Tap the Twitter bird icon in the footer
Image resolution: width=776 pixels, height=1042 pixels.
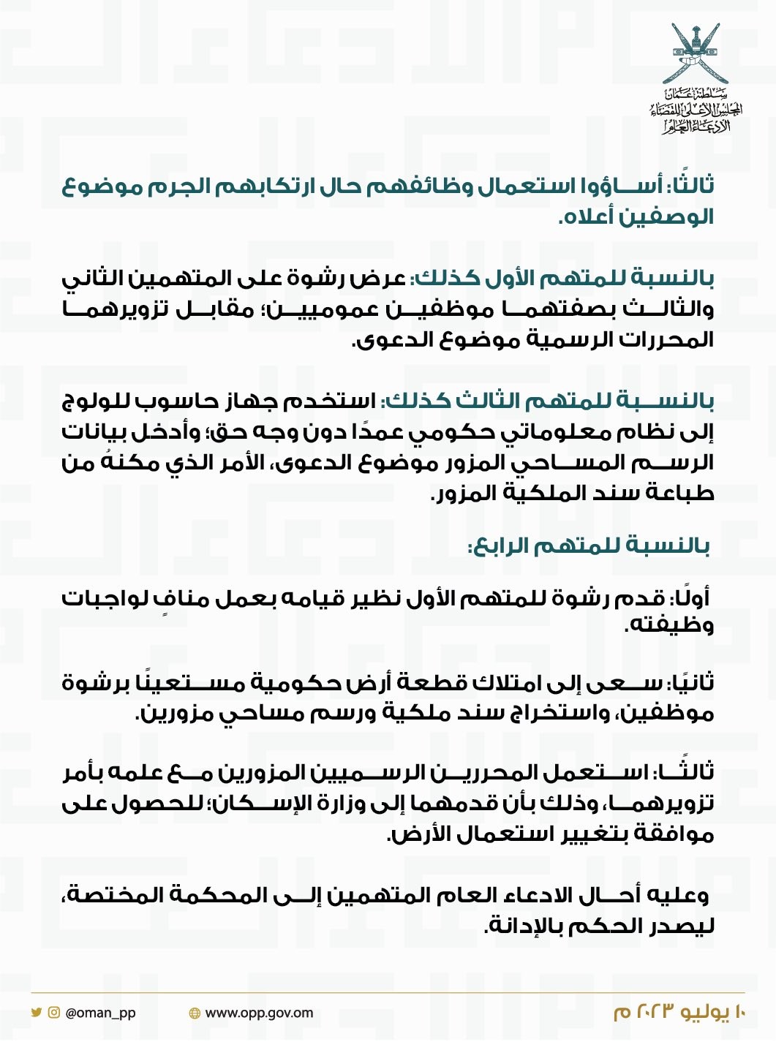pyautogui.click(x=36, y=1013)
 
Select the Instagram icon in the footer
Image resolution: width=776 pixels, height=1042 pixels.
pyautogui.click(x=53, y=1013)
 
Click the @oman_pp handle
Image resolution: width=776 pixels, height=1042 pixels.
pyautogui.click(x=100, y=1013)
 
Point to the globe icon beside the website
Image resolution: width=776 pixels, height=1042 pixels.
pyautogui.click(x=195, y=1013)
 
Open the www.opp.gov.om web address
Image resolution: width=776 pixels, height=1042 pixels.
pyautogui.click(x=259, y=1013)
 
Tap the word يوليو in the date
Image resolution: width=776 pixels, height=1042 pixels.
pyautogui.click(x=705, y=1012)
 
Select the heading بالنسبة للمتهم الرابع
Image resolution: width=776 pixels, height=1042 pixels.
pyautogui.click(x=589, y=545)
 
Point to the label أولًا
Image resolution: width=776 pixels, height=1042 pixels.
pyautogui.click(x=691, y=597)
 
